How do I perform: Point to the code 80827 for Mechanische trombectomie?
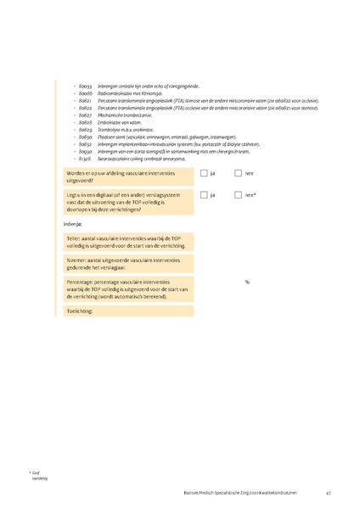85,115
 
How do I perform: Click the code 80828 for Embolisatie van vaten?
85,122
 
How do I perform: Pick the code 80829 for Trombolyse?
85,129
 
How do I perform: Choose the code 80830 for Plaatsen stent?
85,137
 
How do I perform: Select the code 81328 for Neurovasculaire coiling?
85,159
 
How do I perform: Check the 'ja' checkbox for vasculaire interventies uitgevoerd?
204,173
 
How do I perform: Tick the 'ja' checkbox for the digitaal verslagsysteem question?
204,195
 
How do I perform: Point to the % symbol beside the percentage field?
247,282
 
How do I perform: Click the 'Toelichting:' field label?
82,311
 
